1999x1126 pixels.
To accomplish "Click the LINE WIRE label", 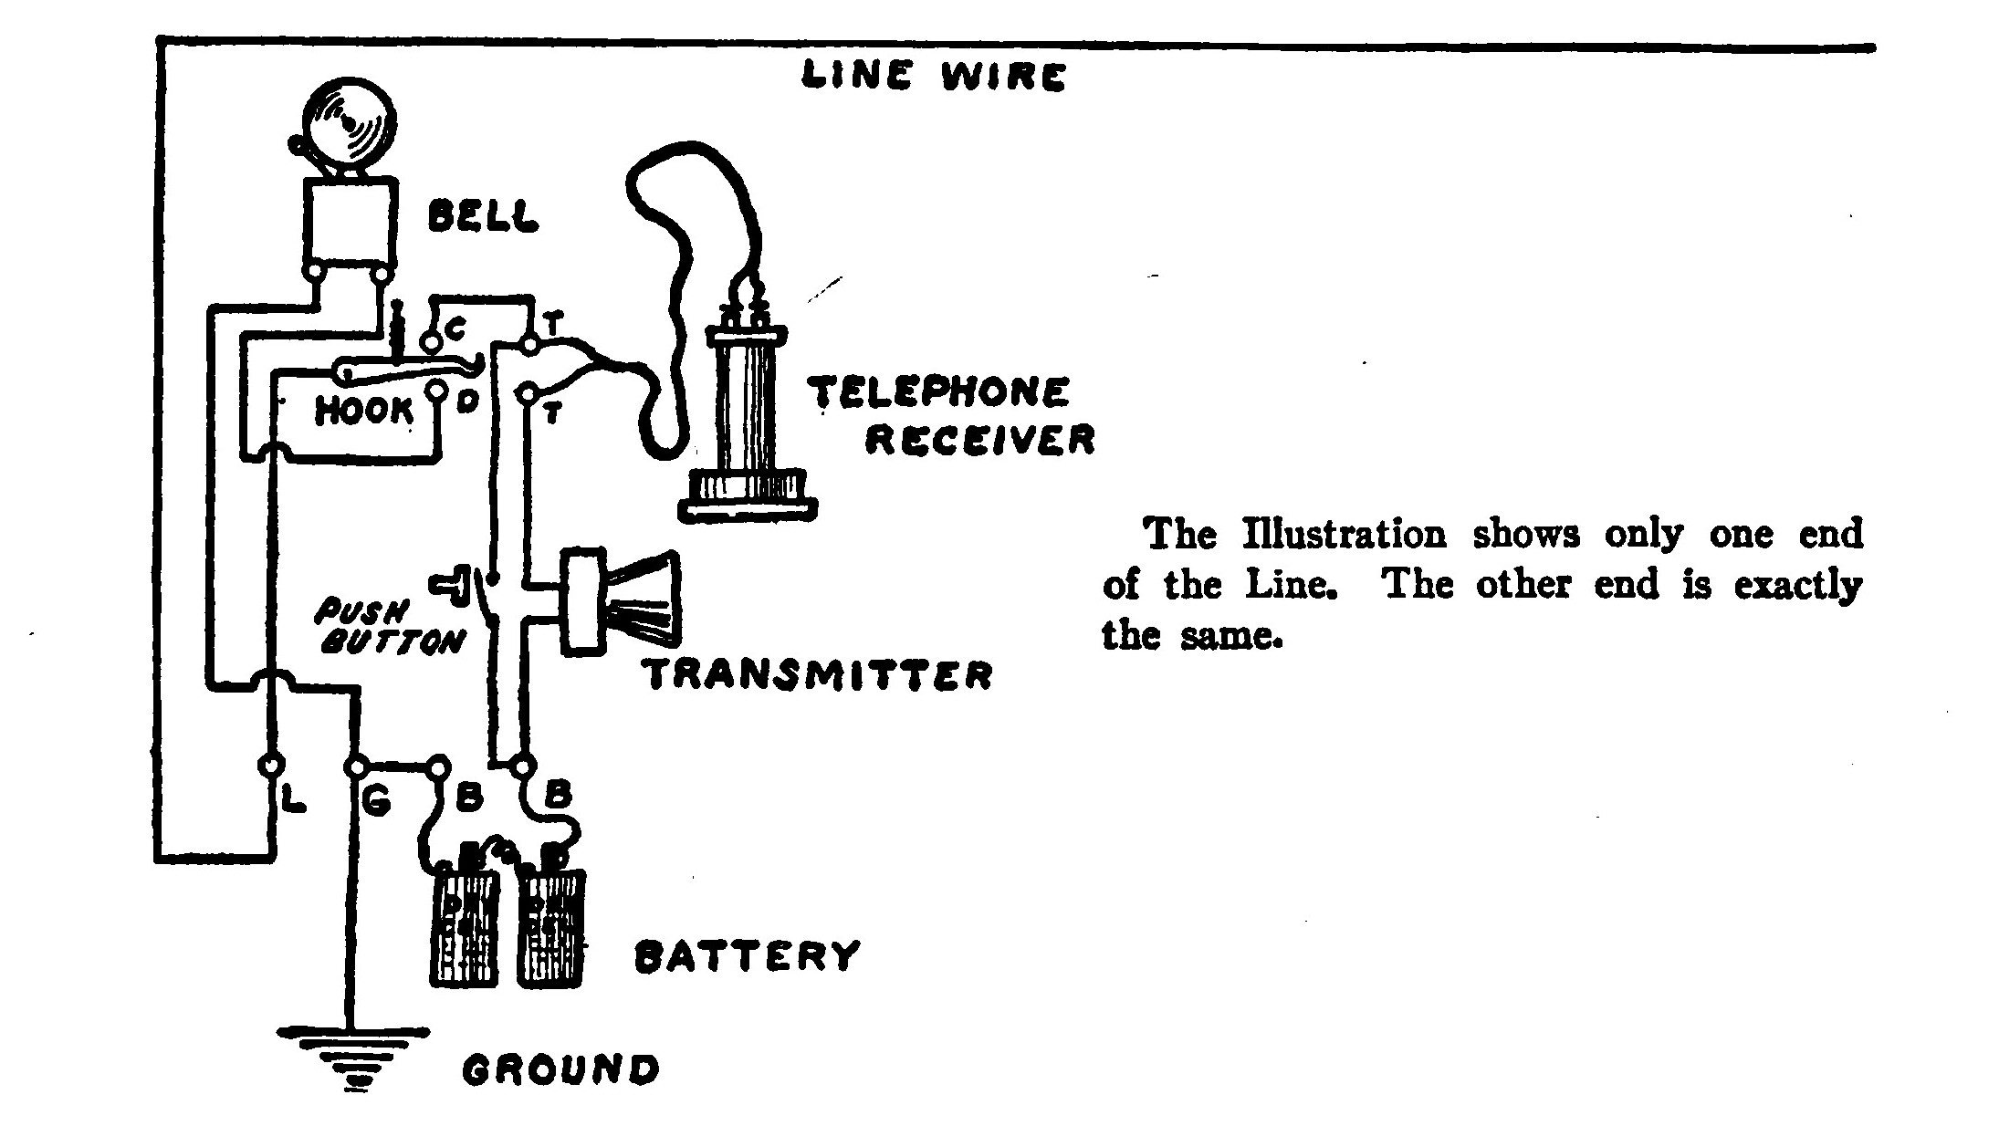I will [x=933, y=76].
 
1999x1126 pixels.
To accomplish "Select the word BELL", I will [x=483, y=217].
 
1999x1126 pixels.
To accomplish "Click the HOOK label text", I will [x=364, y=412].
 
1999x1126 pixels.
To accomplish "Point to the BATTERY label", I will [x=747, y=957].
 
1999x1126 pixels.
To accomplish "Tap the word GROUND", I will [x=560, y=1069].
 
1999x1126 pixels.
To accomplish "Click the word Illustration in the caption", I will [x=1345, y=535].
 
